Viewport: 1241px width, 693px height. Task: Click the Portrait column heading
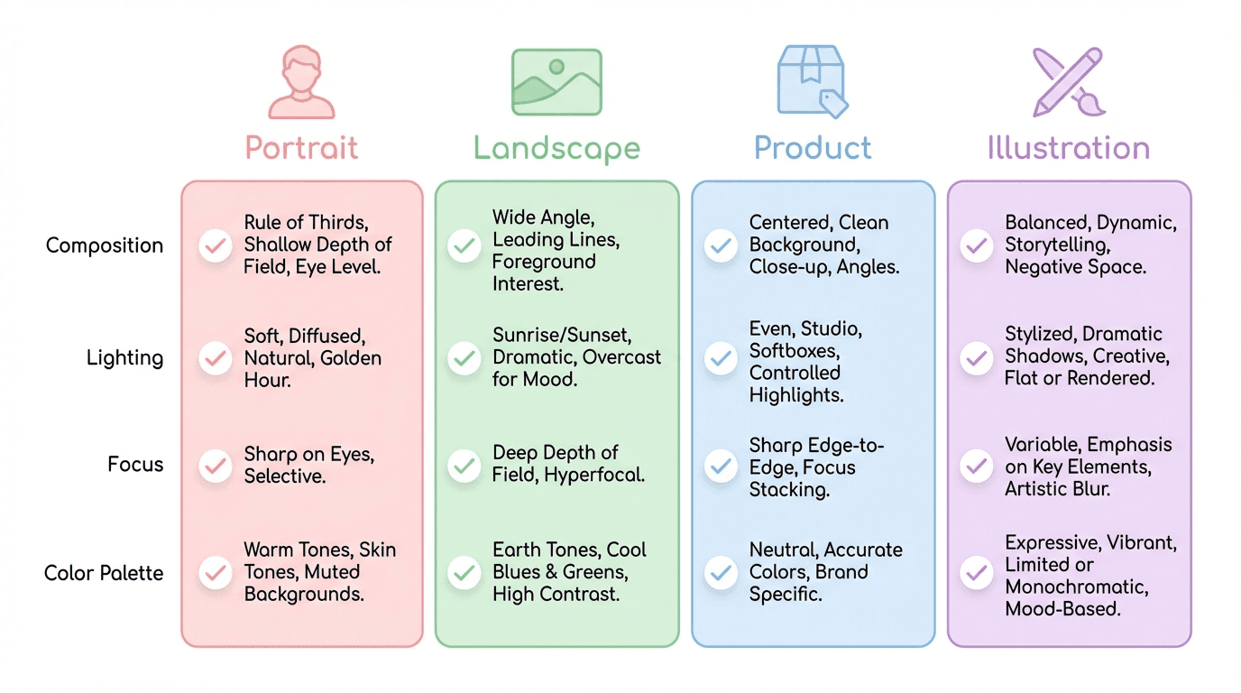click(301, 148)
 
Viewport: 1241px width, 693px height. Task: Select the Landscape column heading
click(556, 148)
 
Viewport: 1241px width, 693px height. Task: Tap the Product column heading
click(813, 148)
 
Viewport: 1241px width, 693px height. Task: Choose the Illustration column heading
click(1069, 148)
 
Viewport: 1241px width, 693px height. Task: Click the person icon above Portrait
click(301, 83)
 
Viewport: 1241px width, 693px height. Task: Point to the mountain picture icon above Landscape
click(556, 82)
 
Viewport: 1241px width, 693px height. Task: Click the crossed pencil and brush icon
click(1069, 82)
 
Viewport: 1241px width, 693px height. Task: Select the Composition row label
click(105, 245)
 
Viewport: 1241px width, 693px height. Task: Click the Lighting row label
click(124, 357)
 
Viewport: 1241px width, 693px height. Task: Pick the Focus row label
click(135, 465)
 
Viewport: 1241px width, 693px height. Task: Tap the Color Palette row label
click(104, 573)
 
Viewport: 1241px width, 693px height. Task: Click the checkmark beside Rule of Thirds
click(215, 245)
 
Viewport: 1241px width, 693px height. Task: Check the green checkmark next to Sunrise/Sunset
click(464, 358)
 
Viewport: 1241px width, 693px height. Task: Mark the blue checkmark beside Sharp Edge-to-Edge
click(721, 467)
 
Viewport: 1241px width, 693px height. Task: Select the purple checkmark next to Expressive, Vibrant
click(976, 572)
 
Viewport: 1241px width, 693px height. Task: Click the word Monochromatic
click(1077, 587)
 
